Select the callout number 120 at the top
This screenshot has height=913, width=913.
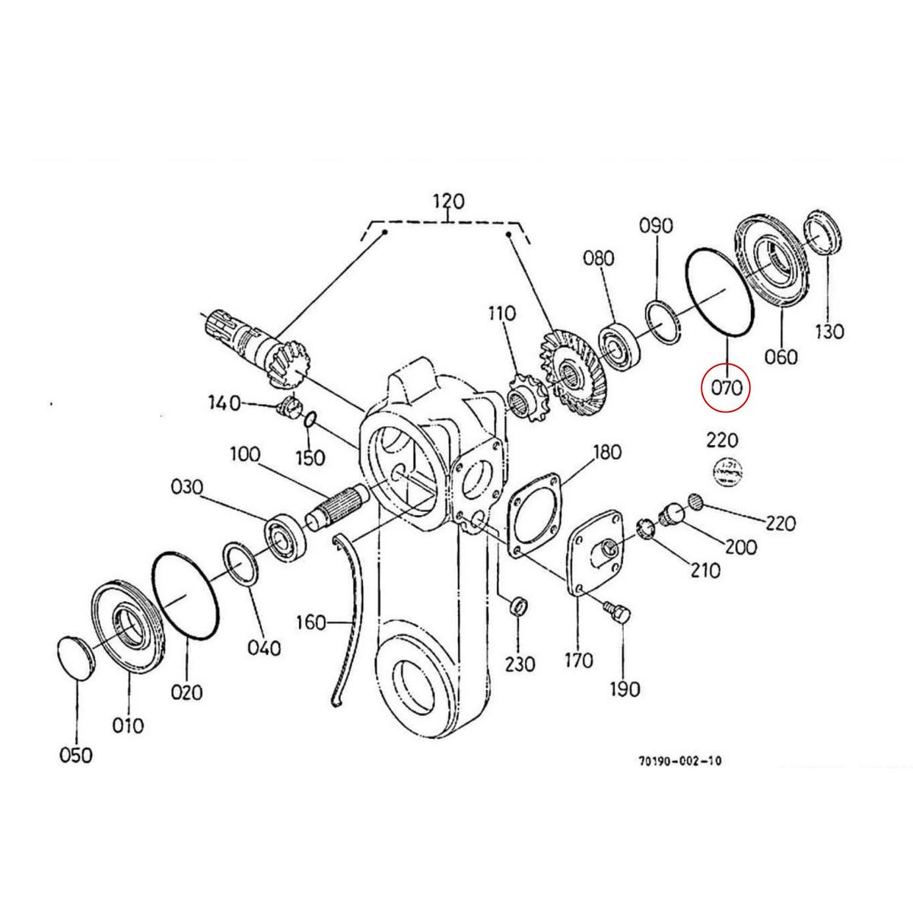(448, 202)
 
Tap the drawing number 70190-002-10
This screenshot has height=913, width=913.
(680, 761)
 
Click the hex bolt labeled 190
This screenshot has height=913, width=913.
(617, 612)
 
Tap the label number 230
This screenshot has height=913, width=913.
(520, 664)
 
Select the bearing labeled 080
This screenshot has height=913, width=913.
(623, 343)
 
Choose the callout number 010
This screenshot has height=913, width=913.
(128, 725)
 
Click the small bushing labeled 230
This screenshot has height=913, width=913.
(518, 606)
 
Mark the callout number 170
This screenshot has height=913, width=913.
(578, 660)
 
